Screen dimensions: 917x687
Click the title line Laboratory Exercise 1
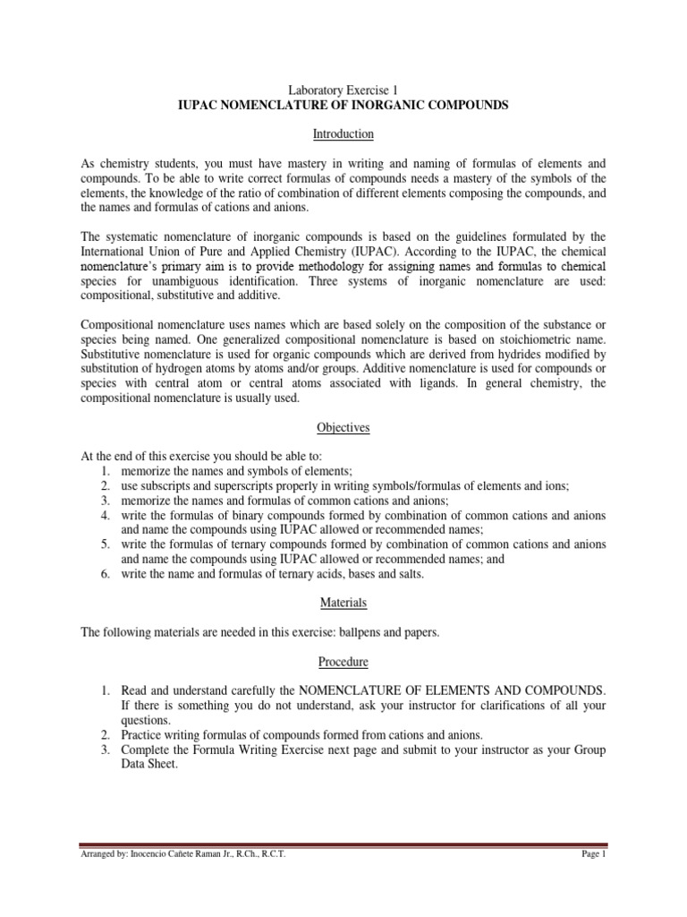343,90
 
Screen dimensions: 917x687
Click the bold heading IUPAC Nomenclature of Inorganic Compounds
343,105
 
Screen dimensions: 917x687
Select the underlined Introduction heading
343,134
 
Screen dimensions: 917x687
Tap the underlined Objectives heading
343,428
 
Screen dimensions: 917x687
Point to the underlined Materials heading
343,603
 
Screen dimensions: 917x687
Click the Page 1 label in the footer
593,855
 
